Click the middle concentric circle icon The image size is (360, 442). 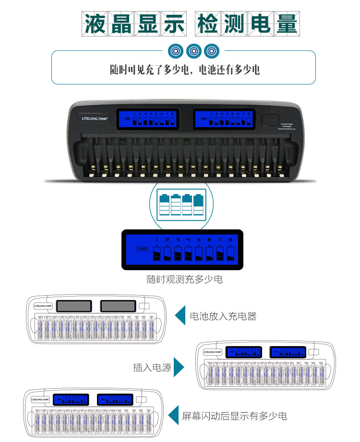193,50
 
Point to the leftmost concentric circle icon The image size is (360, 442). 176,50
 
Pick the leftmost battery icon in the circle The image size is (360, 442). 164,205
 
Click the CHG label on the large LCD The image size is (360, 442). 143,249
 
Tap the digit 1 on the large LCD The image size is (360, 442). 156,239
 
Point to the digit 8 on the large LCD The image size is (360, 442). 230,239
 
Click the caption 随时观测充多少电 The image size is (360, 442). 185,279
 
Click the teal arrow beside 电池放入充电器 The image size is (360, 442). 180,316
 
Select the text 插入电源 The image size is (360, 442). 152,368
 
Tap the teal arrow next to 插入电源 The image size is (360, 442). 179,367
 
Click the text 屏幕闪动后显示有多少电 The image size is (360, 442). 234,416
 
